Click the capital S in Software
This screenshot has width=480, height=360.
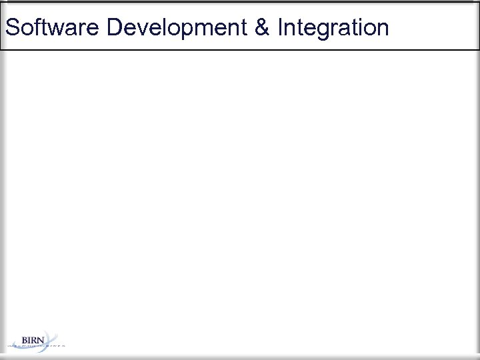pyautogui.click(x=11, y=28)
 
